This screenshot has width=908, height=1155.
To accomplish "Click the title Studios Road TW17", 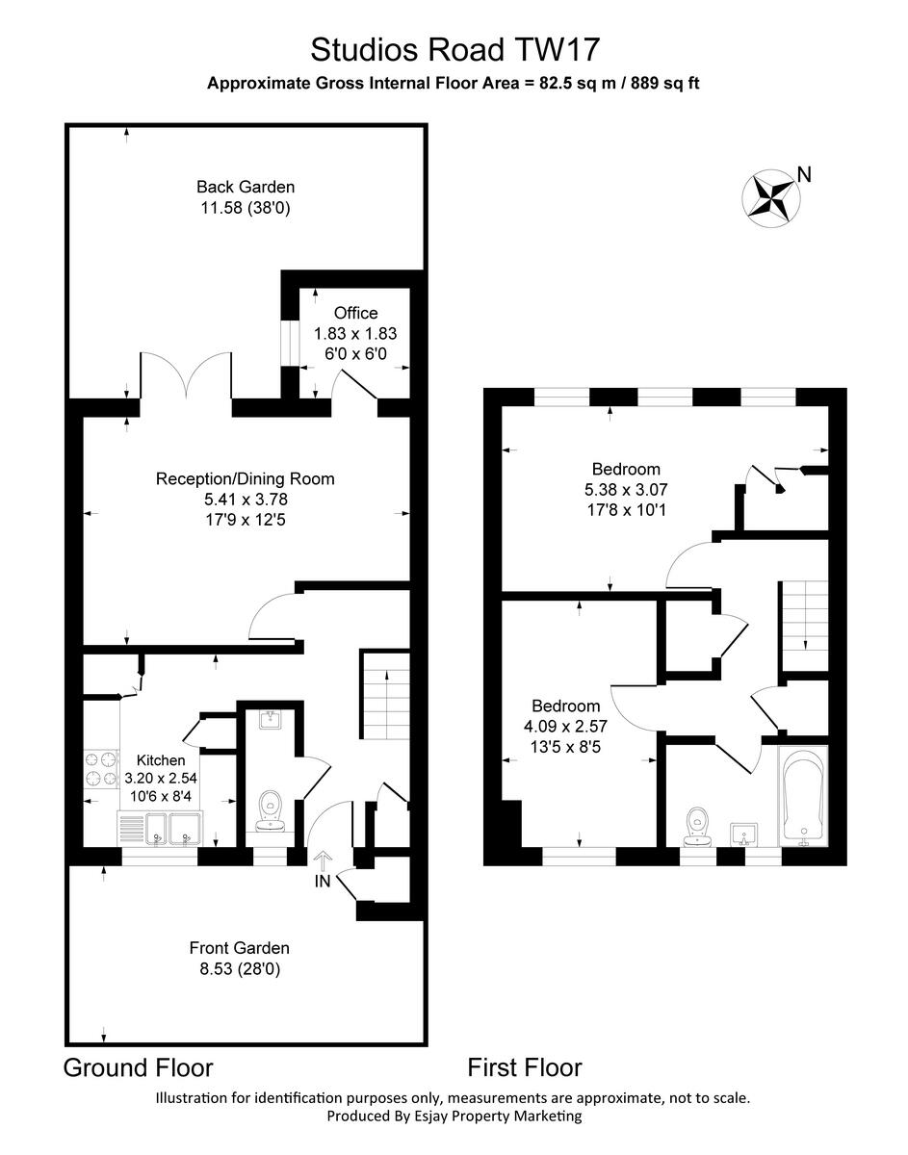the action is [x=454, y=48].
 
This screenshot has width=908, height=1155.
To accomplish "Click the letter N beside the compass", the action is [x=805, y=174].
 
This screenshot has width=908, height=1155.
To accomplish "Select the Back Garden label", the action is [x=246, y=187].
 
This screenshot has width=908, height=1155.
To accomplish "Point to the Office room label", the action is [x=355, y=313].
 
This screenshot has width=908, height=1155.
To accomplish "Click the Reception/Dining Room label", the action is [x=246, y=478].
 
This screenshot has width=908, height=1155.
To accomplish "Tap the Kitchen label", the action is [x=160, y=760].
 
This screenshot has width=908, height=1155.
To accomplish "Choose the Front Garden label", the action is [x=239, y=948].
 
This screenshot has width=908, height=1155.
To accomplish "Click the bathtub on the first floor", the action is [x=803, y=795].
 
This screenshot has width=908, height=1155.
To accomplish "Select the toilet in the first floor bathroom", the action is [x=697, y=826].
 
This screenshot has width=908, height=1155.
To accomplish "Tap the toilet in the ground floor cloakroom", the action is [x=271, y=808].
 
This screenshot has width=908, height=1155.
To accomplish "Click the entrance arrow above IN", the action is [x=322, y=859].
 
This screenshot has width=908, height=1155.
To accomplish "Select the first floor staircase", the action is [x=803, y=626].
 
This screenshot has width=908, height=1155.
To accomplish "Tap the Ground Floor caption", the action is [x=138, y=1067].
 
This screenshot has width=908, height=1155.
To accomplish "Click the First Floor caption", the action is [x=525, y=1067].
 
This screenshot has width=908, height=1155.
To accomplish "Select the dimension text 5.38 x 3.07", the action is [x=626, y=490].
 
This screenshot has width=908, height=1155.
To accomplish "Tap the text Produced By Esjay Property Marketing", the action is [x=454, y=1116].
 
